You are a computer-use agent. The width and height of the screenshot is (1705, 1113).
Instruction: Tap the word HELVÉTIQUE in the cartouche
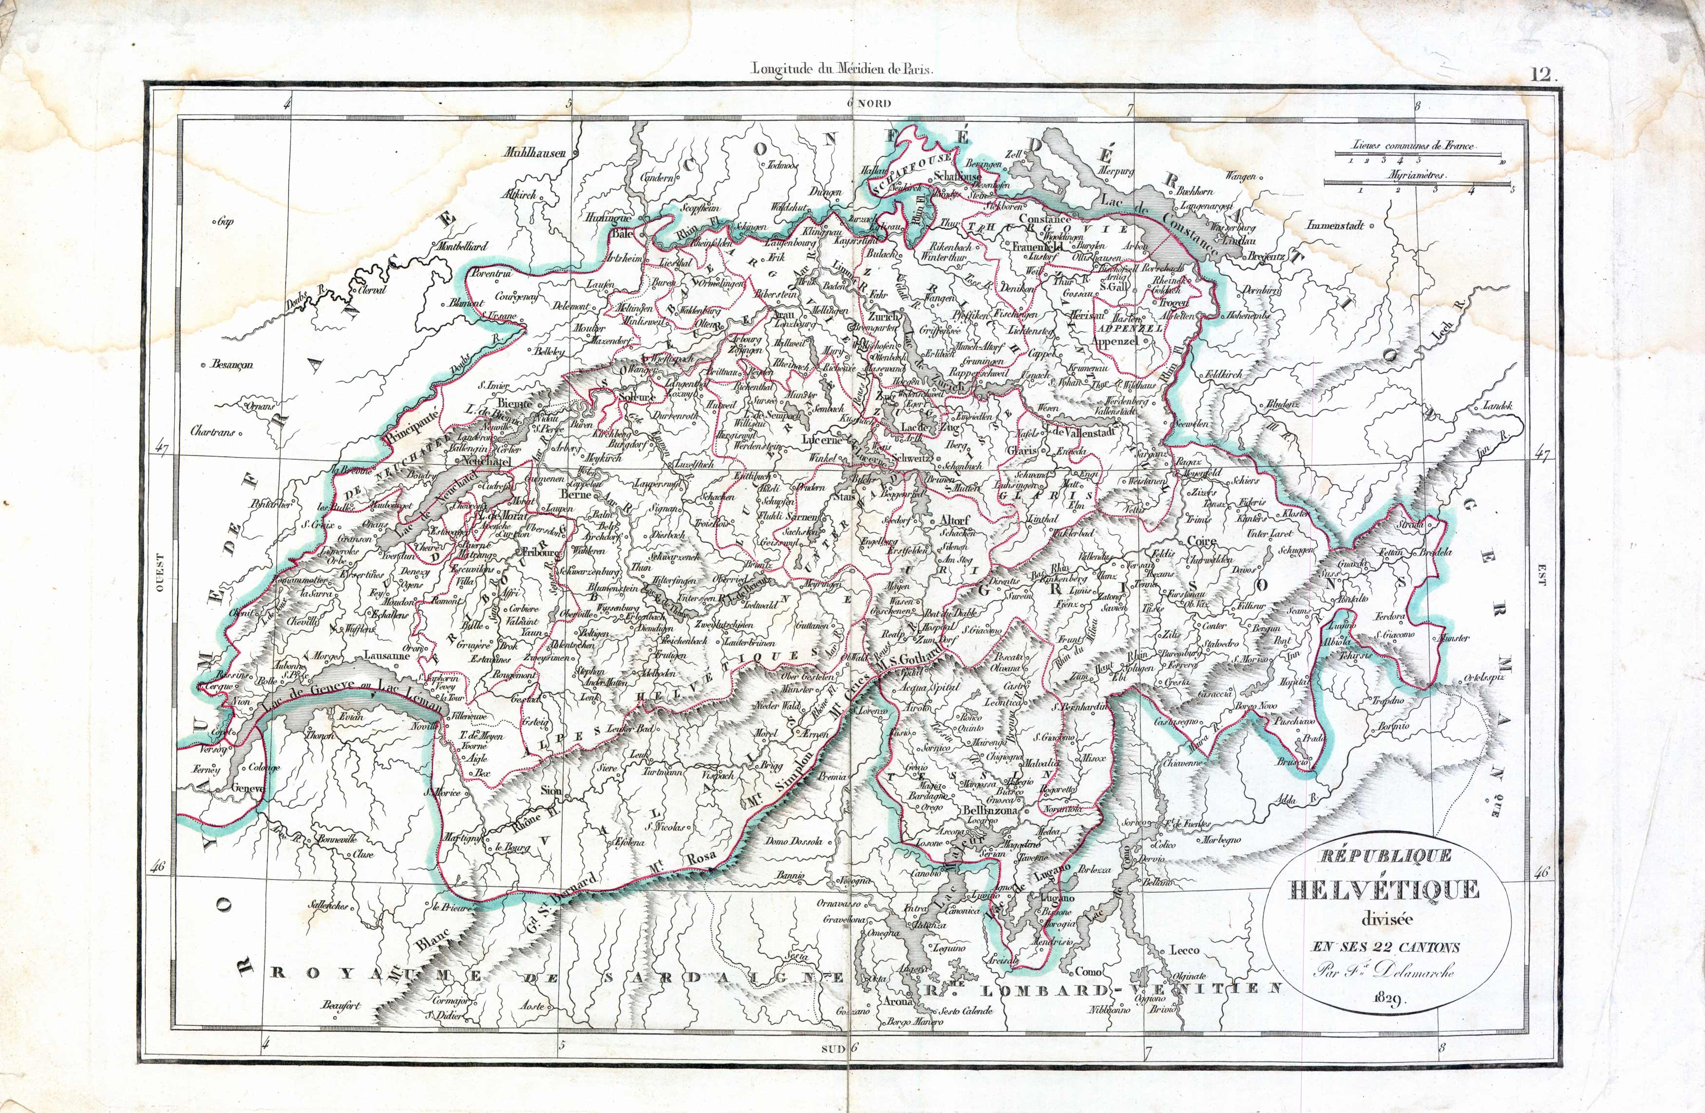pyautogui.click(x=1384, y=889)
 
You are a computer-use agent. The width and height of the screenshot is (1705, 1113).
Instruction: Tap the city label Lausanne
pyautogui.click(x=387, y=655)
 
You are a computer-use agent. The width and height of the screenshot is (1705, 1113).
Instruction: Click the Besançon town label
pyautogui.click(x=231, y=364)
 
